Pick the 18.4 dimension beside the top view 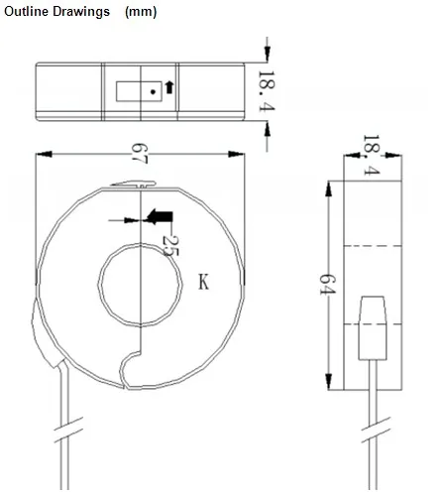[267, 92]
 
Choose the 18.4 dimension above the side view [370, 156]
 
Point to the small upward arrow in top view [167, 88]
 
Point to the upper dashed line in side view [374, 243]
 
